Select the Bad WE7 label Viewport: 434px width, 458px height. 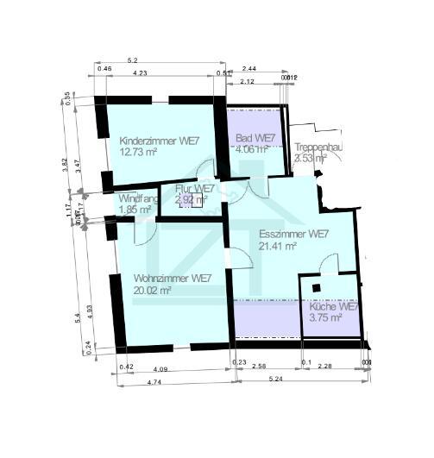[255, 138]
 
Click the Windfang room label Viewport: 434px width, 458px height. [138, 198]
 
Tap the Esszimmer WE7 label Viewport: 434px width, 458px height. [293, 234]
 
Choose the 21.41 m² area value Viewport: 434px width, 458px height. [278, 246]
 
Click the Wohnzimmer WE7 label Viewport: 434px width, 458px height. [173, 279]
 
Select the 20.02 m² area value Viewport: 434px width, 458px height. [153, 291]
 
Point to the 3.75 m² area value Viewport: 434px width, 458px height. [325, 317]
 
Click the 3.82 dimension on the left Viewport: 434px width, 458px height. [67, 165]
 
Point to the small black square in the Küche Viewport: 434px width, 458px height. [317, 288]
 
